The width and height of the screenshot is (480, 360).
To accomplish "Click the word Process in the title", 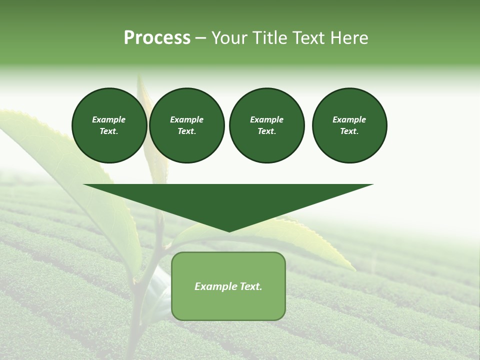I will pos(157,38).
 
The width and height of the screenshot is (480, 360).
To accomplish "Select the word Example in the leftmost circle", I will pos(109,119).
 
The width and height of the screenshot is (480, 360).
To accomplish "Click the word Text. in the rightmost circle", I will pos(349,131).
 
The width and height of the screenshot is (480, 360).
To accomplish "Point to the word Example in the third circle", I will pos(266,119).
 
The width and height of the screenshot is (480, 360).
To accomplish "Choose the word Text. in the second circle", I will pos(186,131).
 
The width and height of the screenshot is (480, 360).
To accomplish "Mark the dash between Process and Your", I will pos(200,38).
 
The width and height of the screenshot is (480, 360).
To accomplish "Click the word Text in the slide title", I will pos(307,38).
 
